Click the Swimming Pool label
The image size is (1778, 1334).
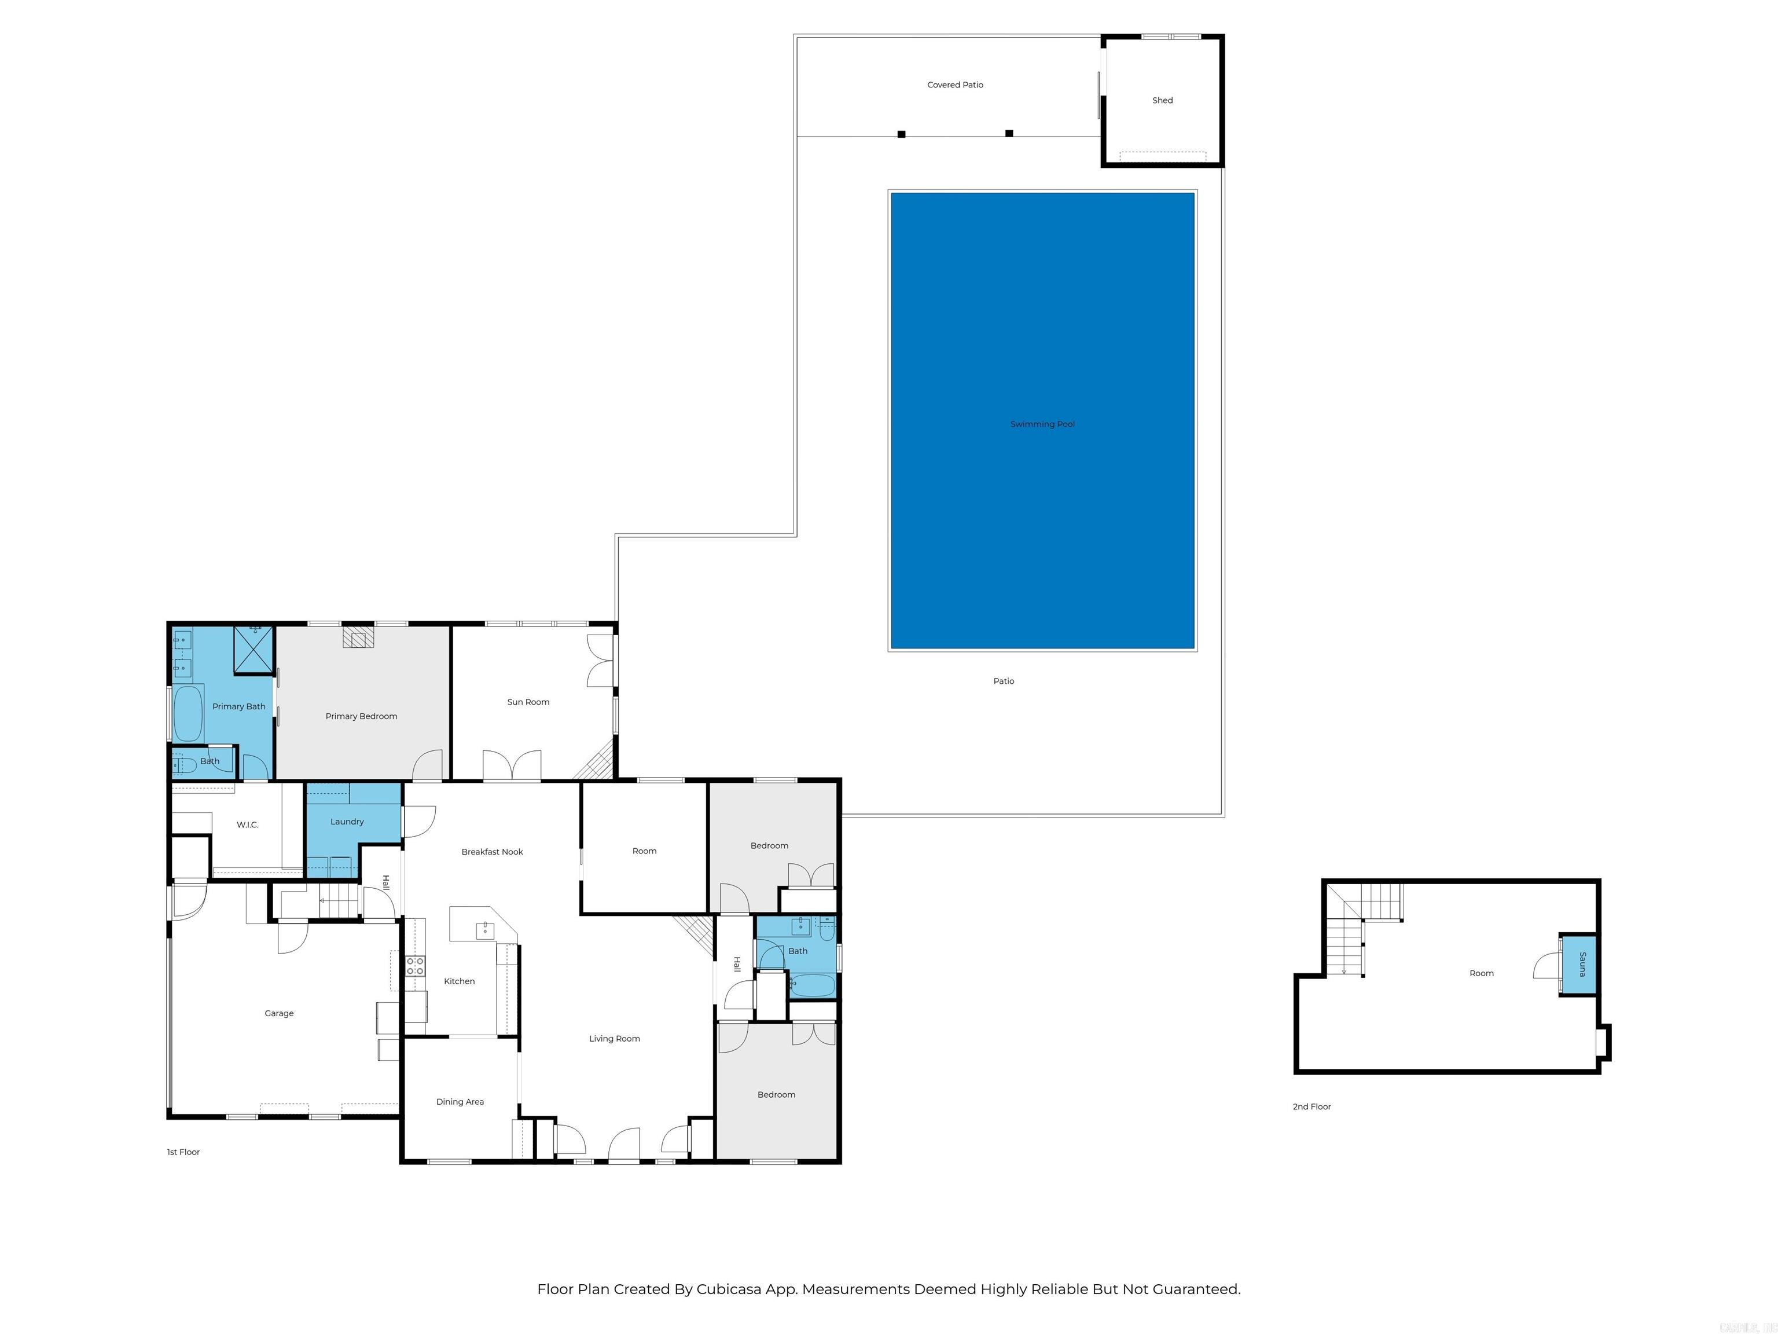(1042, 424)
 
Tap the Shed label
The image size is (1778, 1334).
(1162, 101)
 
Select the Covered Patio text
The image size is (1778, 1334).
(955, 85)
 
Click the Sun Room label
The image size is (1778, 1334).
(528, 702)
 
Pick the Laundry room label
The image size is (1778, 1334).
(347, 822)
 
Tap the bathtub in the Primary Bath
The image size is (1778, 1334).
(188, 713)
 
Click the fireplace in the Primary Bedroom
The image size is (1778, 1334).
(358, 637)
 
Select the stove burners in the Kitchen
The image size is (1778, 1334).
(415, 966)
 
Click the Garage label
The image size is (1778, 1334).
(279, 1013)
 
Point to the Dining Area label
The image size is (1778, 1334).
(460, 1102)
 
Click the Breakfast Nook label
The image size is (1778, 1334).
(492, 852)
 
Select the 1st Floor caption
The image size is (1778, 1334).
(183, 1152)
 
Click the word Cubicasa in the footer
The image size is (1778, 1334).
(728, 1289)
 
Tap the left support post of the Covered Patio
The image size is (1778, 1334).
(901, 134)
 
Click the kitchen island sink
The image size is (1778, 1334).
(484, 930)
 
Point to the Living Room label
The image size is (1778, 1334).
(614, 1039)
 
